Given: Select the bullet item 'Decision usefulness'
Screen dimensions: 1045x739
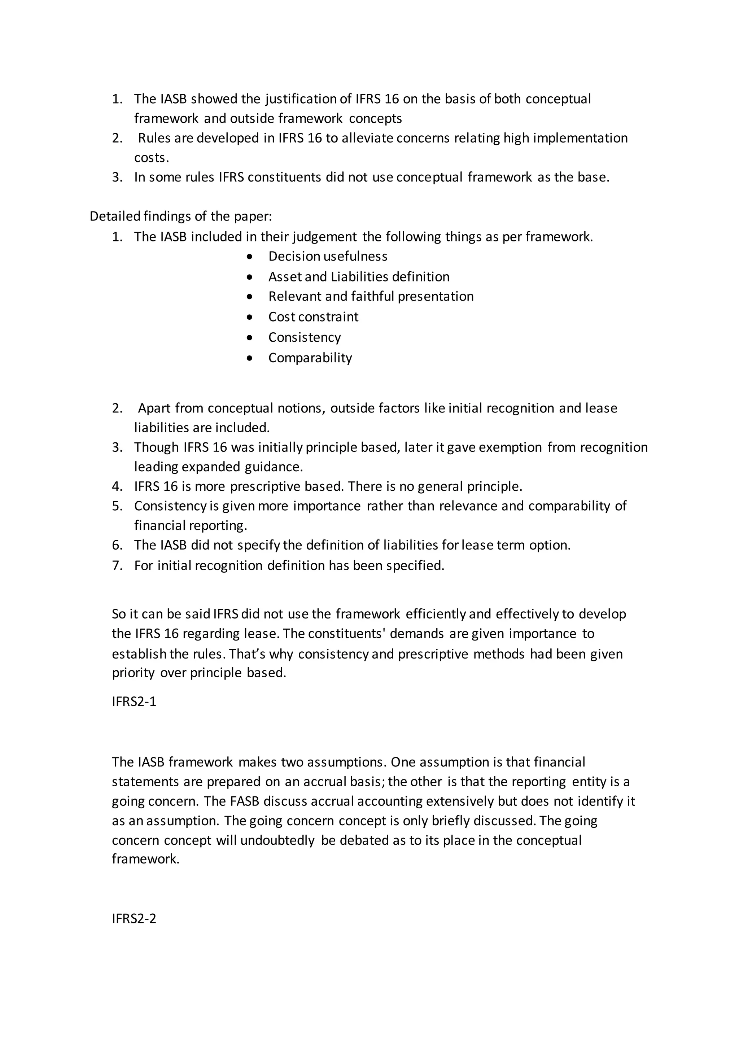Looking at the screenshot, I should tap(328, 256).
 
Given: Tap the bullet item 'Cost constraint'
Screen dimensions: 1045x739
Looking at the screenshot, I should tap(313, 317).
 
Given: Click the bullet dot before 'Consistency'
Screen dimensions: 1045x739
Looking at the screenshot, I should tap(249, 338).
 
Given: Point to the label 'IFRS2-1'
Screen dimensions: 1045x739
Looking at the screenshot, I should tap(134, 701).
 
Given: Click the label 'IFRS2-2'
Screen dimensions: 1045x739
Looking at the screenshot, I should tap(134, 918).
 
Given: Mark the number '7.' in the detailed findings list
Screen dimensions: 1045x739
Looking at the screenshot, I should tap(117, 565).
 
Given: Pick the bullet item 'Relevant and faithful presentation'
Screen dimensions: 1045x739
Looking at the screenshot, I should tap(371, 296).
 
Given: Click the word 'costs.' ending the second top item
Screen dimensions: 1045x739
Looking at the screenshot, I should tap(151, 158).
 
